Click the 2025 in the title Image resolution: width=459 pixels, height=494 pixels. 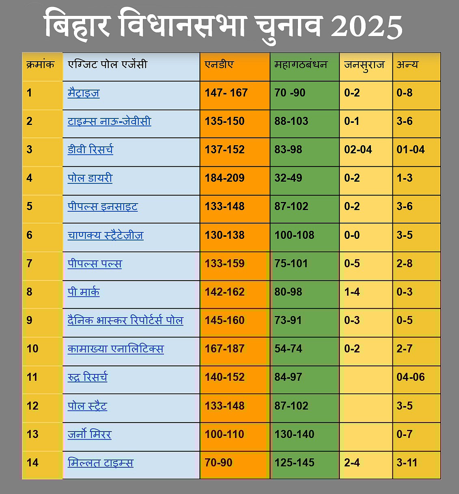[366, 27]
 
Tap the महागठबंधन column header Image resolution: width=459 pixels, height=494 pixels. [301, 64]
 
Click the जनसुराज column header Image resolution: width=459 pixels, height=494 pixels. [364, 65]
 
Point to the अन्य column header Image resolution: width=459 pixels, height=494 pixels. [407, 64]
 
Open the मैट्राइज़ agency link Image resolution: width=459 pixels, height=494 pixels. [84, 93]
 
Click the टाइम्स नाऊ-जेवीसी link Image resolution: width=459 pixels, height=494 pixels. [109, 121]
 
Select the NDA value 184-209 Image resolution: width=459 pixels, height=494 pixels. [224, 178]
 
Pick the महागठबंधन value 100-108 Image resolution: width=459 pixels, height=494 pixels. [294, 235]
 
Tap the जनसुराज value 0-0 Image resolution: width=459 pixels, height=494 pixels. [352, 235]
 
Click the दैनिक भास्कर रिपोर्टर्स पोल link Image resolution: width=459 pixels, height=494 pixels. [125, 320]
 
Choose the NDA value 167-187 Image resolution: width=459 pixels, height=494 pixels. [224, 349]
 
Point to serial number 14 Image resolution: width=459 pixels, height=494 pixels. [32, 462]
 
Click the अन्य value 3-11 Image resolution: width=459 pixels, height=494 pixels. [407, 462]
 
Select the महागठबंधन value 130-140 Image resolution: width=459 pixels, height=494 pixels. [294, 434]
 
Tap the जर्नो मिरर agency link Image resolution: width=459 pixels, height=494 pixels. [89, 434]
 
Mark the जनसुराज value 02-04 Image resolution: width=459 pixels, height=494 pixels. [358, 150]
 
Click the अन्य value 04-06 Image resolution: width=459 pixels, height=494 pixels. [411, 377]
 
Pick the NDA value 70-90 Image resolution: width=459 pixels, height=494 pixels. [218, 462]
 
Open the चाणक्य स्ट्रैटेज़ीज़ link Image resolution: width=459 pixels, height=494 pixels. [106, 235]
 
